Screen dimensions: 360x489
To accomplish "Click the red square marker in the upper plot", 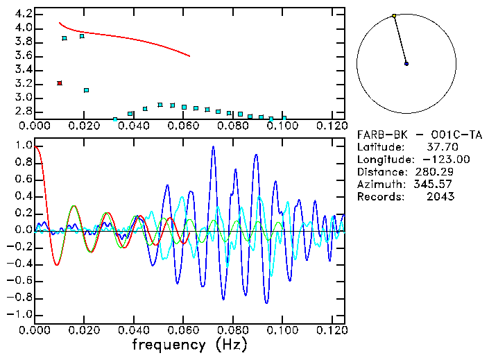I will coord(60,83).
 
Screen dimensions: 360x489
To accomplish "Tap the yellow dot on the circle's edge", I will coord(394,15).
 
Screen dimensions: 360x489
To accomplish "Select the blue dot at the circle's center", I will coord(406,63).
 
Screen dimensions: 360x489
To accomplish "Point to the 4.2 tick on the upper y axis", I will coord(23,14).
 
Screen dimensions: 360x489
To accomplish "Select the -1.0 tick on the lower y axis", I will coord(20,314).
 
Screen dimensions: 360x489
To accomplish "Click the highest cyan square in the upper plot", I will coord(82,35).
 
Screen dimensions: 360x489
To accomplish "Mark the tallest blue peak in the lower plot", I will coord(213,146).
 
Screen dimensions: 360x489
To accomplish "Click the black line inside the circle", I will coord(400,40).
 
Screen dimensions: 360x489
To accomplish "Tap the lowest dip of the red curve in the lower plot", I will coord(57,265).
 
